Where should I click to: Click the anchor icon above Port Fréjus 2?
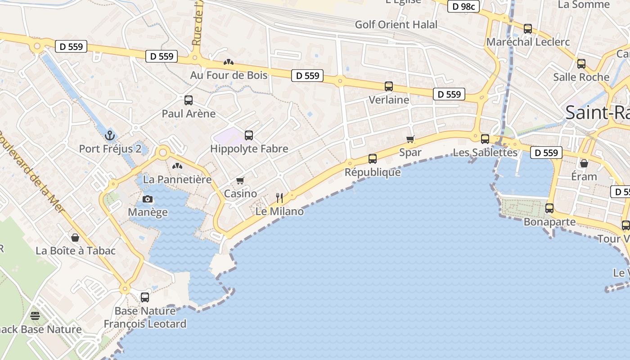point(109,135)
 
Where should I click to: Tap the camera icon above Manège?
point(147,199)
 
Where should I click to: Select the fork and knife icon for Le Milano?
point(279,198)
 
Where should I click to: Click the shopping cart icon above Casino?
point(240,180)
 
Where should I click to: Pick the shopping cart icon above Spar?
point(410,139)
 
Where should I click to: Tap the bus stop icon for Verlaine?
point(389,86)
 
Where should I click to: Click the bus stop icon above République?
point(373,158)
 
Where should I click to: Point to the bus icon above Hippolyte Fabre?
point(249,135)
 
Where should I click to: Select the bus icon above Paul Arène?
point(189,100)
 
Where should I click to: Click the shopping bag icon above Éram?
point(584,163)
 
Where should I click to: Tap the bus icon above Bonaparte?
point(549,208)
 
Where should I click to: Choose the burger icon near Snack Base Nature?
point(35,316)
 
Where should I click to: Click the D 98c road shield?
point(463,6)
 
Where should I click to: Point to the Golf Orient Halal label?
point(396,25)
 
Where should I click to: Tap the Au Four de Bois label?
point(229,75)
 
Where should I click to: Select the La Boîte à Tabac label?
point(76,251)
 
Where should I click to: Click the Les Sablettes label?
point(485,153)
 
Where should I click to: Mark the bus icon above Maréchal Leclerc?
point(528,29)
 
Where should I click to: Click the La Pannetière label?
point(177,180)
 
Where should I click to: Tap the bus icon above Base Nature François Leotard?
point(145,297)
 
